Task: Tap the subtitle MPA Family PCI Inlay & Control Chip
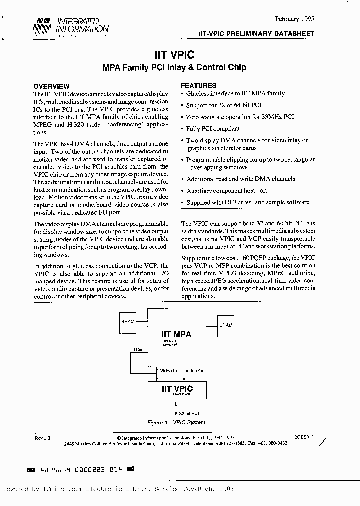tap(174, 67)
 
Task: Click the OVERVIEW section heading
tap(51, 86)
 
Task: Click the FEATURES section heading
tap(198, 85)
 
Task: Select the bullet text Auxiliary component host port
tap(226, 191)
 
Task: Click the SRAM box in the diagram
tap(128, 322)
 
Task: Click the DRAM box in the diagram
tap(226, 325)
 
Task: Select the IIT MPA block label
tap(176, 334)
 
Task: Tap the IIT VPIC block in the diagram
tap(170, 391)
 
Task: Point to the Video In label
tap(168, 371)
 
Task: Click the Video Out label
tap(195, 371)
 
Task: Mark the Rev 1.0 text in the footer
tap(43, 437)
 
